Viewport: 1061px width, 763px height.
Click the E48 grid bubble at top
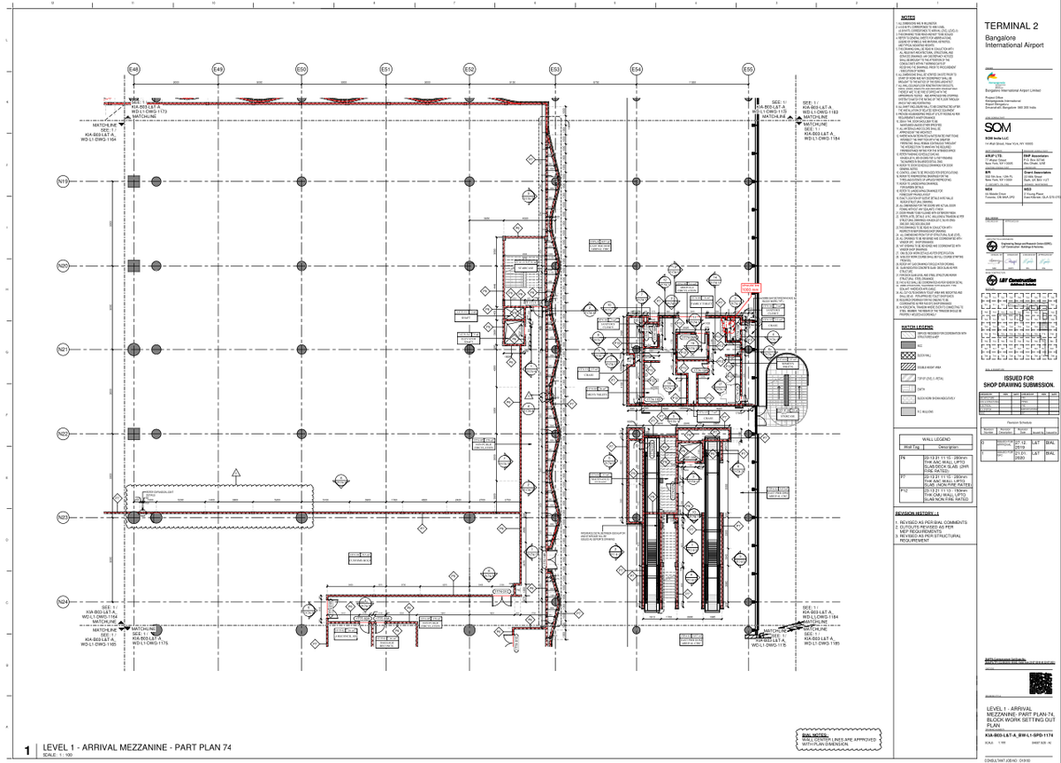click(134, 68)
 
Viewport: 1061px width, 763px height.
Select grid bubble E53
click(555, 68)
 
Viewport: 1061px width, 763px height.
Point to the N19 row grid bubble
click(63, 182)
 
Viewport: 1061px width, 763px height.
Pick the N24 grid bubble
click(63, 602)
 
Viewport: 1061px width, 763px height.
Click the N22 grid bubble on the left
click(63, 434)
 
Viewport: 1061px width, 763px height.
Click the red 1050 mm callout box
click(751, 288)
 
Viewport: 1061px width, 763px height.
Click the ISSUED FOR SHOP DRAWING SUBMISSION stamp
click(1019, 381)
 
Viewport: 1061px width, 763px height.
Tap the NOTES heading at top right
click(909, 17)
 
